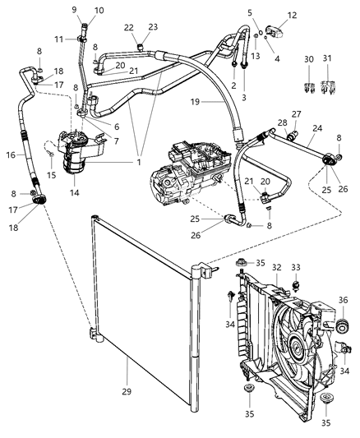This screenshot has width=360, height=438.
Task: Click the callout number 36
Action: (342, 301)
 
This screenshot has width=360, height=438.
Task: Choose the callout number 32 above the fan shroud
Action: (278, 268)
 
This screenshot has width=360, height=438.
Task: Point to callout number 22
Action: (128, 28)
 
